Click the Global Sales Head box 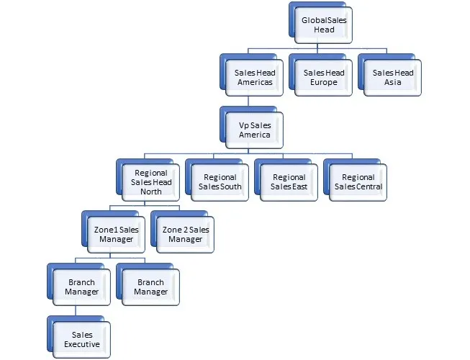point(324,25)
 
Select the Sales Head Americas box point(254,78)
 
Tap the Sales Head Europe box point(323,78)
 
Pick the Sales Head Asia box point(393,78)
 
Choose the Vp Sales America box point(254,130)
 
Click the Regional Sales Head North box point(151,182)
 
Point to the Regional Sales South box point(220,182)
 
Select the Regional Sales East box point(289,182)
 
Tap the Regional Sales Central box point(358,182)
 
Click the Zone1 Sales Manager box point(117,234)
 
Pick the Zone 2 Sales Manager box point(186,234)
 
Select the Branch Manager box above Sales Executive point(82,287)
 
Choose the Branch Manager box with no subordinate point(151,287)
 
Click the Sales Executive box point(82,339)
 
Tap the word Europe point(324,83)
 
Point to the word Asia point(393,83)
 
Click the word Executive point(82,344)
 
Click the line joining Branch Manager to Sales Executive point(76,310)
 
